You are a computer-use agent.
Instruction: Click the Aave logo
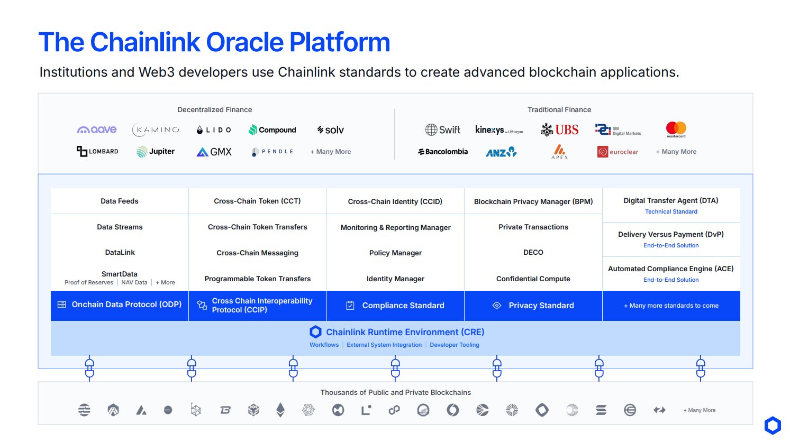point(97,130)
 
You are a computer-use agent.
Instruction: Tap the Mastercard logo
point(676,129)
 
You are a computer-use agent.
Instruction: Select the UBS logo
point(559,130)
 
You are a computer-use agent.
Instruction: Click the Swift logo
point(443,130)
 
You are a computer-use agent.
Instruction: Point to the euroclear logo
point(618,152)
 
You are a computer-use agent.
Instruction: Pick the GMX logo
point(214,152)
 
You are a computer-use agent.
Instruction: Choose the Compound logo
point(272,130)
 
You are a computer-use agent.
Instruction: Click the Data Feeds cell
point(120,201)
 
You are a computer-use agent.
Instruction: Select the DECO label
point(533,252)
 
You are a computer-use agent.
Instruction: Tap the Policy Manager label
point(395,253)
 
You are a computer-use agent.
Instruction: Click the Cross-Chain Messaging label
point(257,253)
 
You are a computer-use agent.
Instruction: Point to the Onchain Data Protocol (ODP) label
point(126,304)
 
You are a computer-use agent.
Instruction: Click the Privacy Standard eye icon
point(496,305)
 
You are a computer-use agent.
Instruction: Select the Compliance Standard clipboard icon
point(350,305)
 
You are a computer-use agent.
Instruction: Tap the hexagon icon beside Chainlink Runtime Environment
point(315,332)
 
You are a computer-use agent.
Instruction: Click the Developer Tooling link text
point(454,345)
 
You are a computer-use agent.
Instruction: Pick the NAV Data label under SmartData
point(134,282)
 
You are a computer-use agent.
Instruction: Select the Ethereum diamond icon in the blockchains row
point(280,410)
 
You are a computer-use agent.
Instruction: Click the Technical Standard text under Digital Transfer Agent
point(671,211)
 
